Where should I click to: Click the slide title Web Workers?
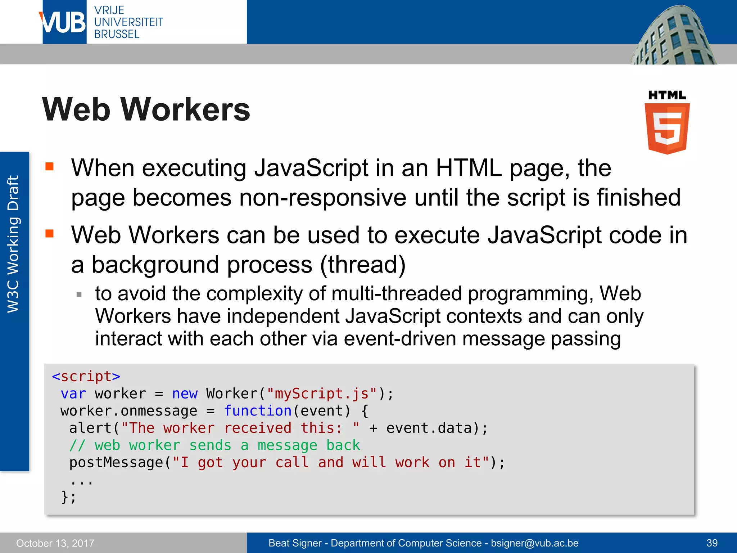(146, 109)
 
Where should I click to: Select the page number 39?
(712, 543)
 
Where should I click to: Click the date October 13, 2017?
(55, 543)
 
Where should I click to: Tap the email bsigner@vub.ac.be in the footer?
(535, 543)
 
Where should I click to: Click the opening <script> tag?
(86, 377)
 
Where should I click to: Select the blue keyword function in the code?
(257, 411)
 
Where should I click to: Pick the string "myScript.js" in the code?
(322, 394)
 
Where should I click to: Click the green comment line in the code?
(214, 445)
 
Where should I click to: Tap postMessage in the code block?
(116, 463)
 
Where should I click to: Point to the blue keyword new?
(185, 394)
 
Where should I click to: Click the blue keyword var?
(73, 394)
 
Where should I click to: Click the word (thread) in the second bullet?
(363, 265)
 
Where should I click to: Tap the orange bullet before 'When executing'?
(49, 166)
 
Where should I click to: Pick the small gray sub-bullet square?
(79, 295)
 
